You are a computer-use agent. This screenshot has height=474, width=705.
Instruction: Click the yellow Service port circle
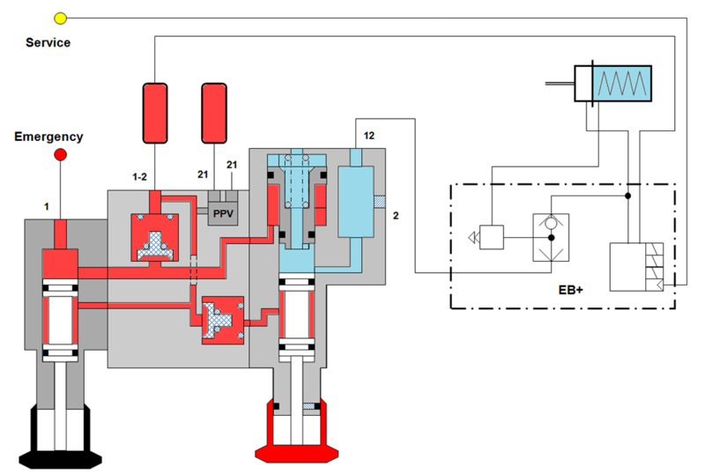[x=61, y=18]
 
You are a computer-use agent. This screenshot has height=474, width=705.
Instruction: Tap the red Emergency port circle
[x=61, y=155]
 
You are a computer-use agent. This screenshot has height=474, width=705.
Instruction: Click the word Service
[x=48, y=42]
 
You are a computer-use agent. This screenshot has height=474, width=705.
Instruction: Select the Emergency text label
[x=49, y=137]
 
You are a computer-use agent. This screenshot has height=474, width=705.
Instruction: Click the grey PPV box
[x=223, y=213]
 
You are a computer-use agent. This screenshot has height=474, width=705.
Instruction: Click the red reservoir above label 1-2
[x=154, y=113]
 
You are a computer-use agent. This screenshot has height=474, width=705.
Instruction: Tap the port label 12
[x=369, y=136]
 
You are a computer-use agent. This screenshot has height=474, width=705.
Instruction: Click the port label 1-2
[x=139, y=178]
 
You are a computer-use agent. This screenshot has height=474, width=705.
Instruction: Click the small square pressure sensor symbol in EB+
[x=491, y=237]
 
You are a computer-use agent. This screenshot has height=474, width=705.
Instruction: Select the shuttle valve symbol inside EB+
[x=551, y=237]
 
